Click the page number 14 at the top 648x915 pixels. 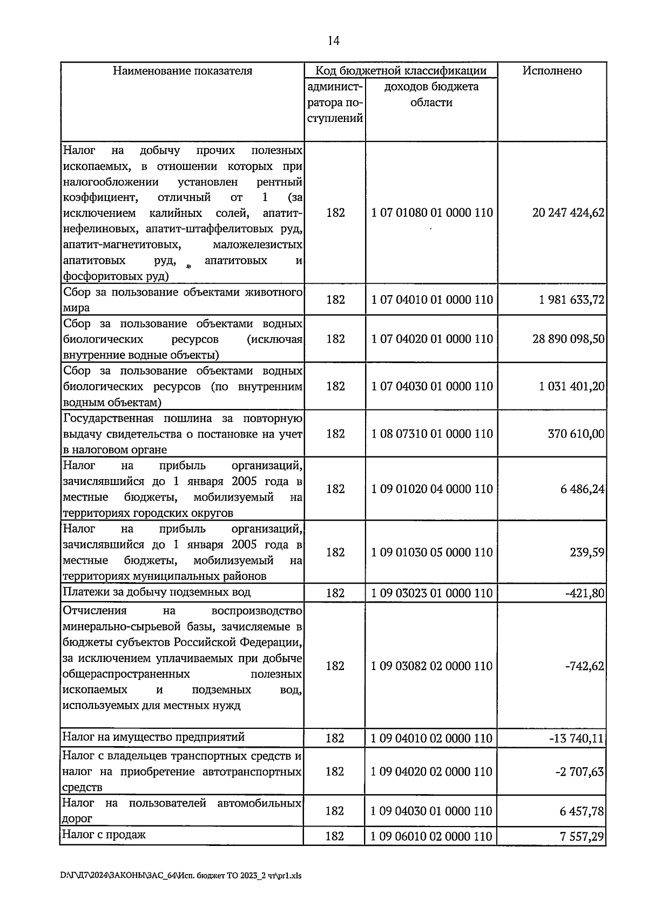[333, 41]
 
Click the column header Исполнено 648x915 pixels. [552, 71]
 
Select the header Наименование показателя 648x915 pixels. [182, 71]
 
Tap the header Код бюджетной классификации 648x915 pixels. [401, 71]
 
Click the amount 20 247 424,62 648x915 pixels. [568, 213]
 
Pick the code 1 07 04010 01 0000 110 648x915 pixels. [432, 299]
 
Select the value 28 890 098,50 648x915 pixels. [568, 339]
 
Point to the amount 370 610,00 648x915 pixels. [576, 434]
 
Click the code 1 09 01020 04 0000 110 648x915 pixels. [432, 489]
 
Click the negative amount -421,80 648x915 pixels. [584, 593]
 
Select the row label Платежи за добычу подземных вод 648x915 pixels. [157, 592]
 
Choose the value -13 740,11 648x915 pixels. [577, 738]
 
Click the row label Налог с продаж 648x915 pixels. [104, 835]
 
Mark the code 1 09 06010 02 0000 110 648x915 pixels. [432, 836]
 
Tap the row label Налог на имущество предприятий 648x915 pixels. [154, 737]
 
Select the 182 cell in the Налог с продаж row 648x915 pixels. [335, 836]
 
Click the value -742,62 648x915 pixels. [584, 666]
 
